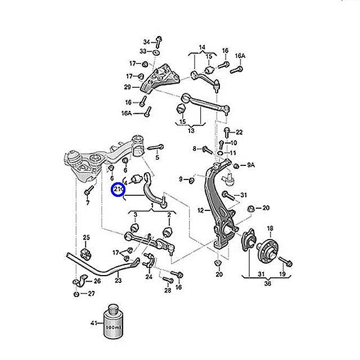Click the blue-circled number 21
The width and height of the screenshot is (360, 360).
[x=118, y=191]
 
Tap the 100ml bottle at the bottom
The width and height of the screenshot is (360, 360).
[x=115, y=323]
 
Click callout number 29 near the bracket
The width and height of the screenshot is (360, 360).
[x=128, y=87]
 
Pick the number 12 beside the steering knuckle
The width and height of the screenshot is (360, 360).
[x=200, y=210]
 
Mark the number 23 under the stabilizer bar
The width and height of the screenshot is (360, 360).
[x=118, y=280]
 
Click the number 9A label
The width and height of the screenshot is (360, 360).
[x=251, y=165]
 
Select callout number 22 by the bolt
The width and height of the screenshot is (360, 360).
[x=239, y=132]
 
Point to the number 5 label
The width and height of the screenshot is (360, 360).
[x=157, y=157]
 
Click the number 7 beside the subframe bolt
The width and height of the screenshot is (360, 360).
[x=88, y=203]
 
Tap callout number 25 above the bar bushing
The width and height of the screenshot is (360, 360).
[x=86, y=236]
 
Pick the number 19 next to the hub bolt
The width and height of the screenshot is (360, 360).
[x=282, y=274]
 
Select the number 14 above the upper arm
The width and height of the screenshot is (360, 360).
[x=202, y=47]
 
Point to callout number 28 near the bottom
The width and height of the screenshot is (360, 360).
[x=168, y=290]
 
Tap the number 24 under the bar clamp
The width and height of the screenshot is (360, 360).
[x=148, y=277]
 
